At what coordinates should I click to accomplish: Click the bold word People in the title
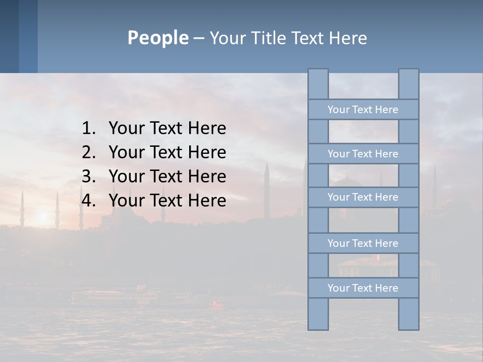(x=157, y=38)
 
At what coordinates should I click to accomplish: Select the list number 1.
(x=88, y=129)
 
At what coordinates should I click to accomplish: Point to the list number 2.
(x=88, y=152)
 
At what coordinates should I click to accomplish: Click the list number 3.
(x=88, y=176)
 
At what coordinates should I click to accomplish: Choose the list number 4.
(x=88, y=201)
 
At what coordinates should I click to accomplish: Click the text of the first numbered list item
(x=167, y=129)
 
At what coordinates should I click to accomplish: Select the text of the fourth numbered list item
(x=167, y=201)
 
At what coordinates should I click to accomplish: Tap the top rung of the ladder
(x=363, y=110)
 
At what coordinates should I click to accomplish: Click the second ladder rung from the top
(x=363, y=154)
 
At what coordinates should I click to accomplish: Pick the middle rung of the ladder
(x=363, y=197)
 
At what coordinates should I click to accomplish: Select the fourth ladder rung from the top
(x=363, y=243)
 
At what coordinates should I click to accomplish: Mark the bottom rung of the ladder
(x=363, y=288)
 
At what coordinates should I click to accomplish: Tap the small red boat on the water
(x=217, y=304)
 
